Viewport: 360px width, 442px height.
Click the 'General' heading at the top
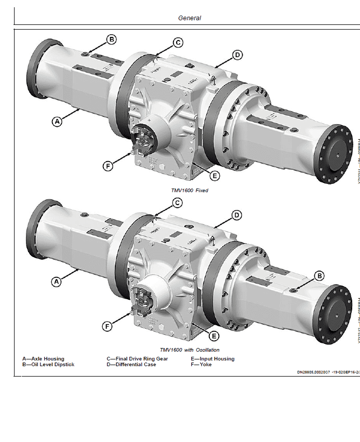[x=190, y=18]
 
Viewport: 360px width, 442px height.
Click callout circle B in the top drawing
[x=112, y=39]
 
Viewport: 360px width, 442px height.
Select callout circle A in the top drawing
[x=57, y=122]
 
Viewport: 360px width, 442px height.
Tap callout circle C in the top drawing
[x=177, y=43]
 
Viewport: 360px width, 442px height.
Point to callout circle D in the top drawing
[x=236, y=55]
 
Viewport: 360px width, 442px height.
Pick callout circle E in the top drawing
[x=215, y=176]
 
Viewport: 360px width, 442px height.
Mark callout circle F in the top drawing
[x=108, y=166]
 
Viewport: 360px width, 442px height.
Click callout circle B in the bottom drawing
[x=320, y=275]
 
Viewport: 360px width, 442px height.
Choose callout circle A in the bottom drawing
[x=57, y=282]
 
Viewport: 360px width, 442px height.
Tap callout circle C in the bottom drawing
[x=177, y=203]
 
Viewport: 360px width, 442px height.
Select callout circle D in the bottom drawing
[x=236, y=215]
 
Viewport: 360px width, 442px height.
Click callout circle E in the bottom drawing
[x=215, y=336]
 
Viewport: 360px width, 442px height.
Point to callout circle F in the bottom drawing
[x=108, y=326]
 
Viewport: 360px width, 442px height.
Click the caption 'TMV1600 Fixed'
[x=190, y=191]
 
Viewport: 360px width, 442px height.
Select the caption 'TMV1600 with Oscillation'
[x=190, y=350]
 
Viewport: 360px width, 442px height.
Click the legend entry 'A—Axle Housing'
[x=43, y=359]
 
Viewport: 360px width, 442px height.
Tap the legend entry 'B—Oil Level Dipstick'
[x=48, y=365]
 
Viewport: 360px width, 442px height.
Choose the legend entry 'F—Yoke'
[x=202, y=365]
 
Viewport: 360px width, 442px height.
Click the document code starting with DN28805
[x=326, y=372]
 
